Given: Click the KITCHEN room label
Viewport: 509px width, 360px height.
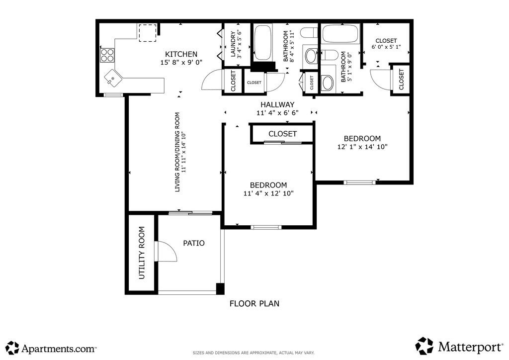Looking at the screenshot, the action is [x=181, y=54].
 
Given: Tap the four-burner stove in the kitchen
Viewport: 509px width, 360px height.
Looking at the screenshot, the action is [x=107, y=55].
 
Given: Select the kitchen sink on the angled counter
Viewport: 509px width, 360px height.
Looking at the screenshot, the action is [x=113, y=78].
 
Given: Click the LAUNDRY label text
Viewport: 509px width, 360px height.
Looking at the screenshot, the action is [x=233, y=44].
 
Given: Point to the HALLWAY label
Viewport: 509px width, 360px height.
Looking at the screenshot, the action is [x=277, y=104].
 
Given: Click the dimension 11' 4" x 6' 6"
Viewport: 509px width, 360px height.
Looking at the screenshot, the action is [x=277, y=113].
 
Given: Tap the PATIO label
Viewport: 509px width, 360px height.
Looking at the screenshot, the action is [x=194, y=243].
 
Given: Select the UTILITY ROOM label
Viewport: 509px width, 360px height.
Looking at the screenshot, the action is [x=142, y=253].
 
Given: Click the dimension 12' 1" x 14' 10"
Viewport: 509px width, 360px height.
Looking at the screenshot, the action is [x=362, y=147].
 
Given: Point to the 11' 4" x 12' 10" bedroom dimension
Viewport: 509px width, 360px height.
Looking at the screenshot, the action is [x=268, y=193].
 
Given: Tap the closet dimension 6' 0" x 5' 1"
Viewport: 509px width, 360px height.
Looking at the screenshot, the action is [x=386, y=47].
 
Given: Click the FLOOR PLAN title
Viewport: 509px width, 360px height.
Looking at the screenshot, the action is [x=254, y=303].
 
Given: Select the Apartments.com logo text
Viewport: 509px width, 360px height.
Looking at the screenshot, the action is [x=59, y=349].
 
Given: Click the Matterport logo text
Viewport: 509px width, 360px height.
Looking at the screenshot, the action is [x=470, y=347].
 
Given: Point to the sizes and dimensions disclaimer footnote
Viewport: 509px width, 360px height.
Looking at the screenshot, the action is [x=254, y=353].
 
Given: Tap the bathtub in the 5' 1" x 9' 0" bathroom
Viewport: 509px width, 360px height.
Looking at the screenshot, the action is [x=340, y=34].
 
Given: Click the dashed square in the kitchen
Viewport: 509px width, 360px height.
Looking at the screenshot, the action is [x=147, y=33].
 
